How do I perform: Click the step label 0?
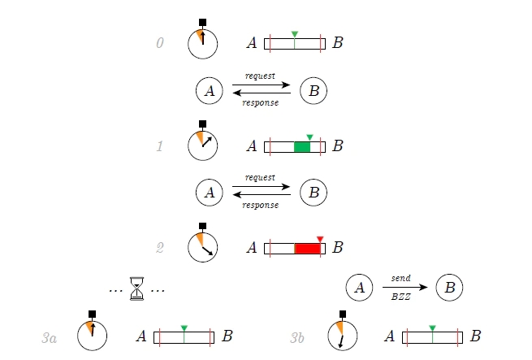pos(160,44)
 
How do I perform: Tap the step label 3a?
pos(50,336)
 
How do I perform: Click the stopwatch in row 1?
pos(202,145)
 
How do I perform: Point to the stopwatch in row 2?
pos(202,246)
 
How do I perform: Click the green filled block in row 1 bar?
pos(302,147)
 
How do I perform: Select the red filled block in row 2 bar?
pos(307,248)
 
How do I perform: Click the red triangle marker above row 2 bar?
pos(320,238)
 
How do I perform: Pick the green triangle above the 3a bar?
pos(184,328)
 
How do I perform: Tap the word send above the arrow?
pos(400,278)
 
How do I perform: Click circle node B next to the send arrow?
pos(449,288)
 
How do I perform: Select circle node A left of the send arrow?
pos(359,288)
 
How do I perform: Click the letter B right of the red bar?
pos(338,247)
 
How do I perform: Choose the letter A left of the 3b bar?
pos(390,336)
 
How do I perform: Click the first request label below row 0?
pos(260,76)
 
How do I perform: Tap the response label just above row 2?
pos(261,205)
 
